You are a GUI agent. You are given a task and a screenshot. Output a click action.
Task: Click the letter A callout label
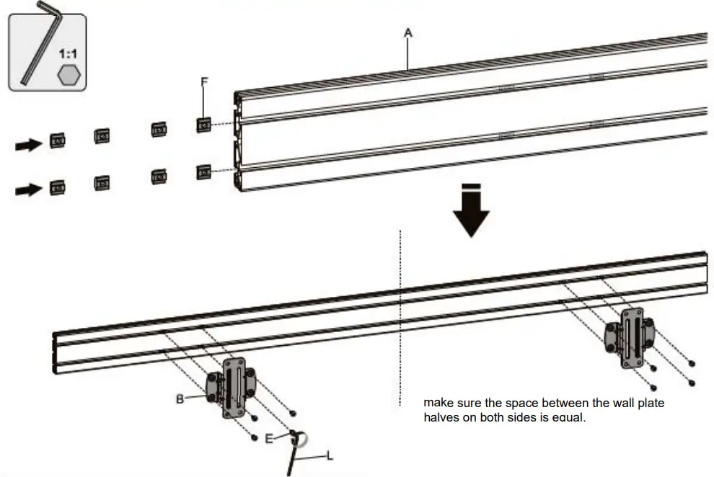407,32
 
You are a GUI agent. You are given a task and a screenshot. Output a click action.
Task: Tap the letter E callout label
269,437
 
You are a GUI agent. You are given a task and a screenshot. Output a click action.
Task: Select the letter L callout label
330,456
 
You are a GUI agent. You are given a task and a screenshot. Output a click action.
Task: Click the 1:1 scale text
69,54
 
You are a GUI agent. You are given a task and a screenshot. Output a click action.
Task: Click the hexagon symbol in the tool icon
69,74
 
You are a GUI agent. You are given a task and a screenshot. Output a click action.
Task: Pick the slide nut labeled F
204,125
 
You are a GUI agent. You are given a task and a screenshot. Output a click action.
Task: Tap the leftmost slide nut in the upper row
58,141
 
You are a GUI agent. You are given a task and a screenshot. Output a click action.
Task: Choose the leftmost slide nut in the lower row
58,188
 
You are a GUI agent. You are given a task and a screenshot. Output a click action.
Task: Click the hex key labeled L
291,458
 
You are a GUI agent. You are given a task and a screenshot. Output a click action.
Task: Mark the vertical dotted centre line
400,317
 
